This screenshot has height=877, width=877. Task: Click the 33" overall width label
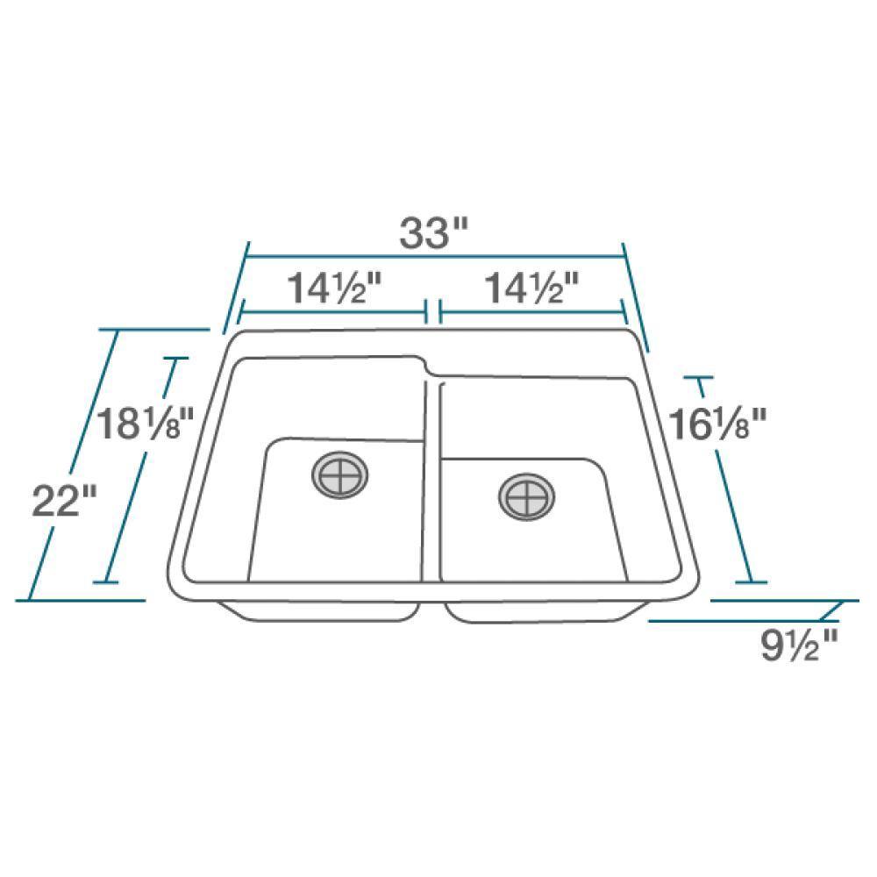coord(436,233)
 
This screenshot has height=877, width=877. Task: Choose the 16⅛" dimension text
coord(717,426)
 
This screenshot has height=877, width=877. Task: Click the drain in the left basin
coord(340,475)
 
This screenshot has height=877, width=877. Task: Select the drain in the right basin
coord(526,497)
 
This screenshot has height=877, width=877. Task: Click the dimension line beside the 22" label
coord(75,465)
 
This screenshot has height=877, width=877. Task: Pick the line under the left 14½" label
coord(333,311)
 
